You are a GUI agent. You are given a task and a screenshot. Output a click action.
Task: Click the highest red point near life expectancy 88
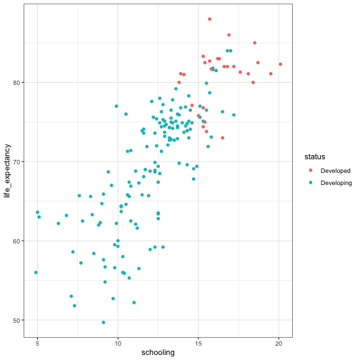click(209, 19)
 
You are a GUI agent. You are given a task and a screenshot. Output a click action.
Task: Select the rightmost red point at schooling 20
click(281, 64)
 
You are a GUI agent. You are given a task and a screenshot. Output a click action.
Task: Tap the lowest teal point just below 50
click(104, 322)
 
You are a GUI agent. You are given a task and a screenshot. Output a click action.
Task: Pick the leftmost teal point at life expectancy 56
click(36, 272)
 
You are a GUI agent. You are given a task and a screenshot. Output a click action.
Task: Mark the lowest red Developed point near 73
click(222, 137)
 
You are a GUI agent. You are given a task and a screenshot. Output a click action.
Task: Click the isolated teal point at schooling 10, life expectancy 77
click(116, 106)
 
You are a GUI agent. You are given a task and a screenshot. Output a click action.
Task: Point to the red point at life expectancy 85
click(254, 43)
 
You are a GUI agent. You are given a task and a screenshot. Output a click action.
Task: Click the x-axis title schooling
click(159, 352)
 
